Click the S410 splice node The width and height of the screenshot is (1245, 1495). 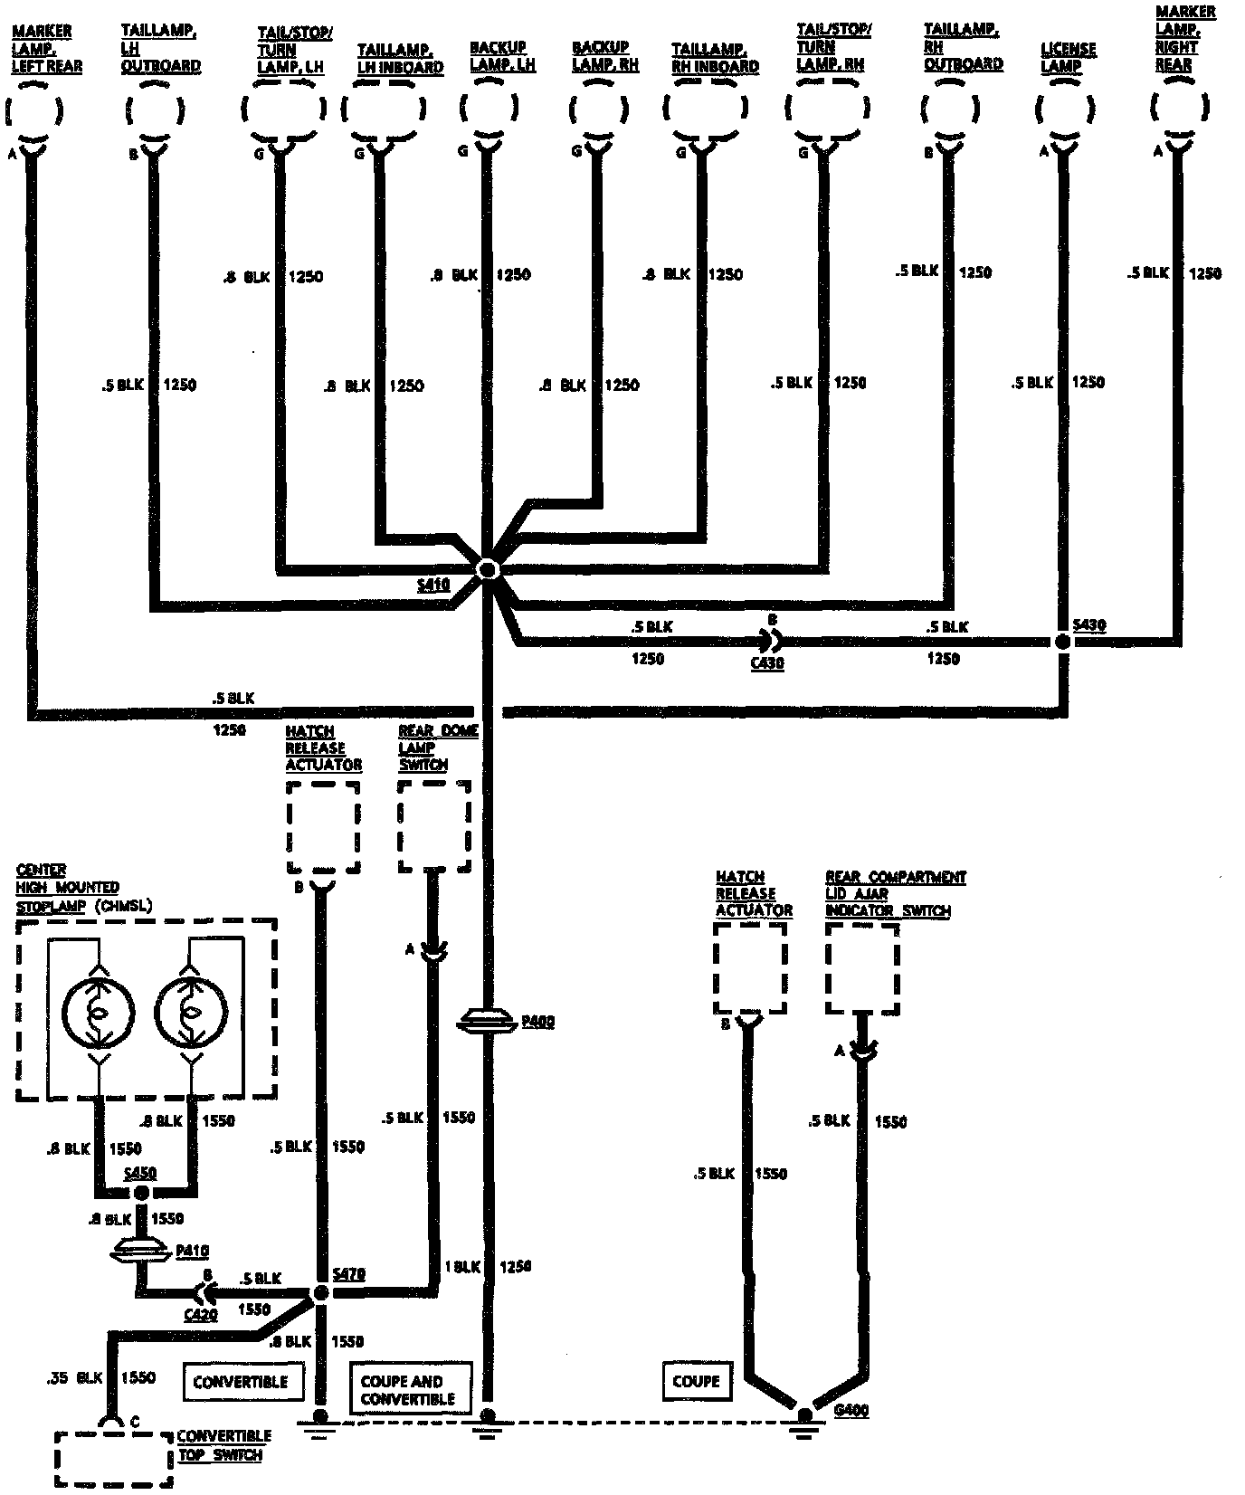tap(488, 569)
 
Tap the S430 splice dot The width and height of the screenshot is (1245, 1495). tap(1063, 642)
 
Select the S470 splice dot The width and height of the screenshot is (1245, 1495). tap(320, 1293)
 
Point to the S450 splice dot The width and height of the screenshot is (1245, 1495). tap(142, 1193)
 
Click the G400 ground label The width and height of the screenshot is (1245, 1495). tap(851, 1410)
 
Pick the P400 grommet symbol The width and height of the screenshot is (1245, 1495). tap(488, 1022)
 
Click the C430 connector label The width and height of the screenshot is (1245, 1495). tap(767, 662)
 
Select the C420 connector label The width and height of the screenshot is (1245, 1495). tap(199, 1314)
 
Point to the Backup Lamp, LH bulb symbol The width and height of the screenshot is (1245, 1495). tap(488, 109)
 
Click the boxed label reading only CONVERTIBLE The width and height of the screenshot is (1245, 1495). tap(241, 1382)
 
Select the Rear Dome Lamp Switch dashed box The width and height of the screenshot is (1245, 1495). tap(435, 825)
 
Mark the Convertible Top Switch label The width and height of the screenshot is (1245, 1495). tap(223, 1445)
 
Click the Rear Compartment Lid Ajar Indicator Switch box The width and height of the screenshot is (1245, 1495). tap(862, 969)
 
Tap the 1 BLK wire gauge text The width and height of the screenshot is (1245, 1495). tap(461, 1267)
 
